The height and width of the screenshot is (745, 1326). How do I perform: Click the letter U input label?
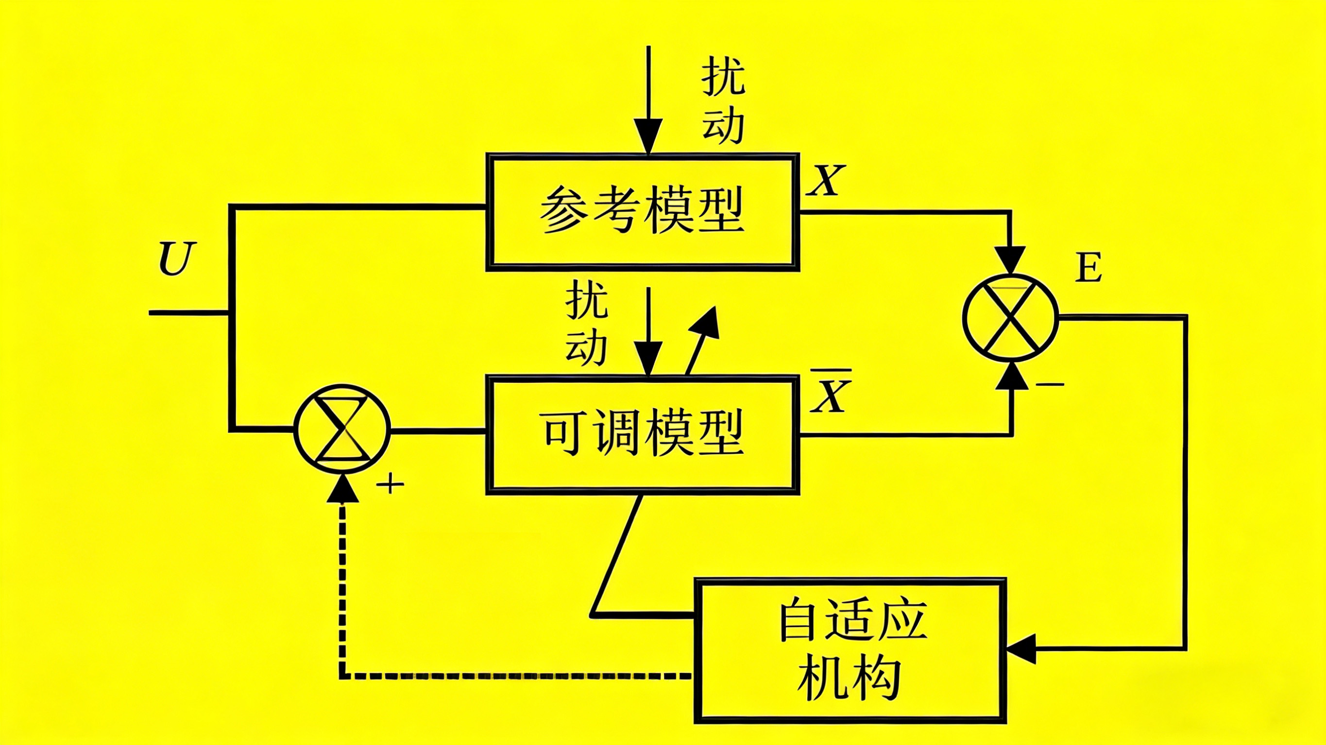point(178,258)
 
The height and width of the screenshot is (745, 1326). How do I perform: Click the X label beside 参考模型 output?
point(826,181)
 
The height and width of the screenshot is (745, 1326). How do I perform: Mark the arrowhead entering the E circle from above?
point(1011,259)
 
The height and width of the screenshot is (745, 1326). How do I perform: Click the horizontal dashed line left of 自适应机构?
point(515,676)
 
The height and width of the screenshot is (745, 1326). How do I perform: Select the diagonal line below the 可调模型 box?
point(618,556)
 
